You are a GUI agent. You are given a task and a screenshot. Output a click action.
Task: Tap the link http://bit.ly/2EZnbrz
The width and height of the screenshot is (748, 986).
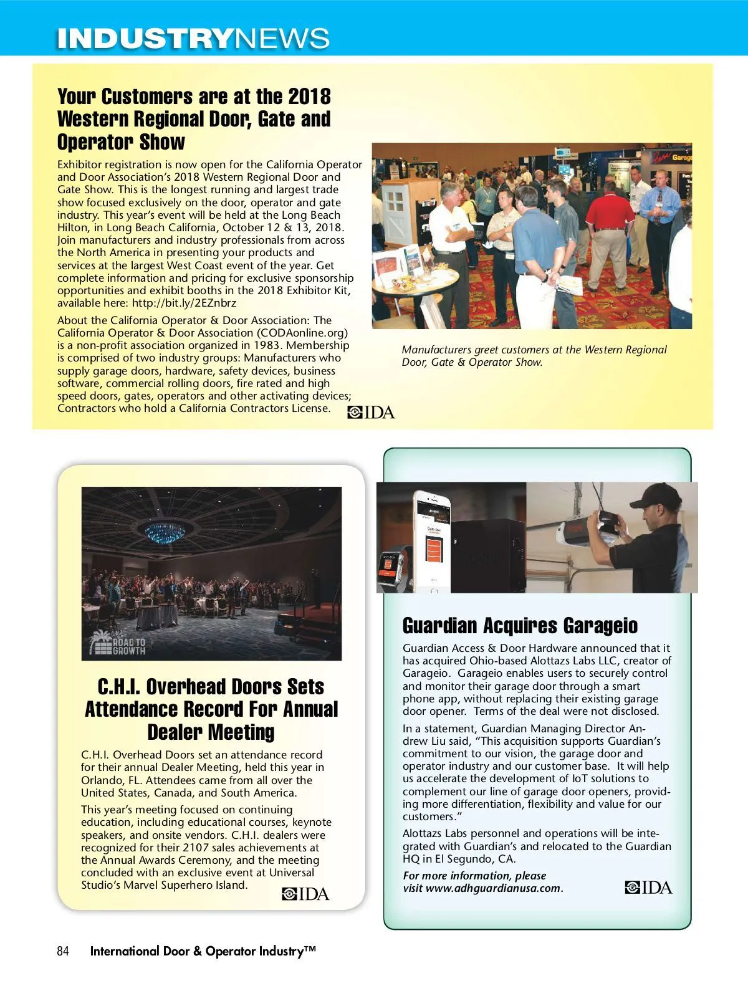pos(184,304)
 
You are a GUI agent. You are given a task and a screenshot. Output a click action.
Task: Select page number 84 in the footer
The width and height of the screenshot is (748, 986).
pos(63,951)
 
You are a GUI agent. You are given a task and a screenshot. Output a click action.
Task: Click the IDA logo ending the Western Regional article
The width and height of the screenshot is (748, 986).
pos(371,412)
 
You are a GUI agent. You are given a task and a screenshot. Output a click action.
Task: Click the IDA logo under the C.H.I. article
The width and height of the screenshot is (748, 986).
pos(305,894)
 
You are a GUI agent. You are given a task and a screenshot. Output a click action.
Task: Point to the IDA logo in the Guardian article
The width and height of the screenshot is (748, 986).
pos(648,887)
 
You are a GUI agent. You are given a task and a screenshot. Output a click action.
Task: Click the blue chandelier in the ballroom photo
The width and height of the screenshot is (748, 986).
pos(165,532)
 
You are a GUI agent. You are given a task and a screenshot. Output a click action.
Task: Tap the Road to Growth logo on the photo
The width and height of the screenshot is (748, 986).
pos(118,644)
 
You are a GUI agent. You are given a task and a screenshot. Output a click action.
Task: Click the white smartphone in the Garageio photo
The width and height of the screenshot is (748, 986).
pos(433,541)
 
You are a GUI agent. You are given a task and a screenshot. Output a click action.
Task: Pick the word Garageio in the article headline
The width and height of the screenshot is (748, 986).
pos(600,626)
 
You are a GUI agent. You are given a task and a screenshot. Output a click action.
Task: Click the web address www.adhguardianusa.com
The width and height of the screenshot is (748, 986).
pos(493,889)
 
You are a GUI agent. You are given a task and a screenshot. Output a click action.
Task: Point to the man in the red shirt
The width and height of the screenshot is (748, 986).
pos(608,224)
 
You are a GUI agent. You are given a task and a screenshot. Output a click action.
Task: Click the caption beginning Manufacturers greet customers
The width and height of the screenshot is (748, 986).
pos(534,356)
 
